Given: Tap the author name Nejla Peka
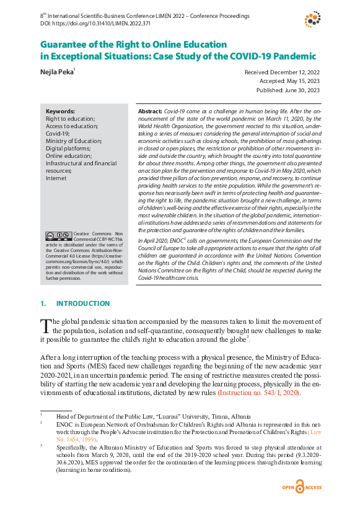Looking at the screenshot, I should click(55, 72).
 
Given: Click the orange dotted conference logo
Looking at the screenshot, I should click(313, 19).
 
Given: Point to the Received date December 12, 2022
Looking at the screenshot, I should click(282, 72).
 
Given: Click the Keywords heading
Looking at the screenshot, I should click(61, 111).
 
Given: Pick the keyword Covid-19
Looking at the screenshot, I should click(58, 133).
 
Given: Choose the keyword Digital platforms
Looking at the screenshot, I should click(68, 148).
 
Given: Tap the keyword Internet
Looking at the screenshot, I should click(56, 178).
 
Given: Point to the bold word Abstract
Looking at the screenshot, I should click(149, 110).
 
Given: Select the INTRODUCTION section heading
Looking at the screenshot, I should click(83, 303).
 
